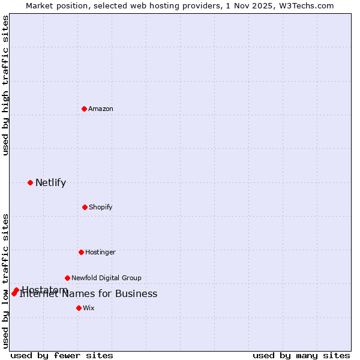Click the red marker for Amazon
85,109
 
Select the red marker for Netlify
30,182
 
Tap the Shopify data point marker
85,207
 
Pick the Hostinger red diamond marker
81,252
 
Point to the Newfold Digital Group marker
67,278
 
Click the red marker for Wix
79,308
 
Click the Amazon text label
101,109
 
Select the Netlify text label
50,183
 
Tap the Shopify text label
101,207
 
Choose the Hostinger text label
100,252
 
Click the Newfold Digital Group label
106,278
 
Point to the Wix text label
89,308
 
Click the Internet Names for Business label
88,294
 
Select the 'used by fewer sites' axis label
62,355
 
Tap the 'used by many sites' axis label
301,355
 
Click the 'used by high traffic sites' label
5,85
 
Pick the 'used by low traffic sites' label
5,280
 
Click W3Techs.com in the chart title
308,5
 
